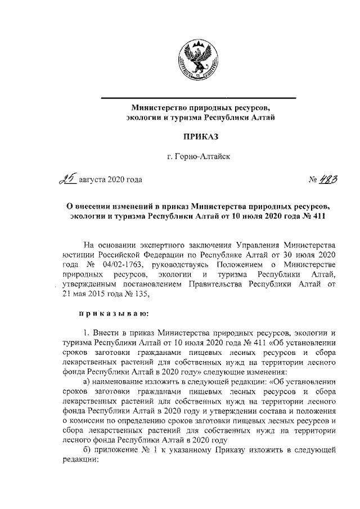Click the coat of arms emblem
[x=199, y=61]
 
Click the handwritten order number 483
[x=329, y=179]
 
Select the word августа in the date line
[x=94, y=180]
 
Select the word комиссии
[x=86, y=420]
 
